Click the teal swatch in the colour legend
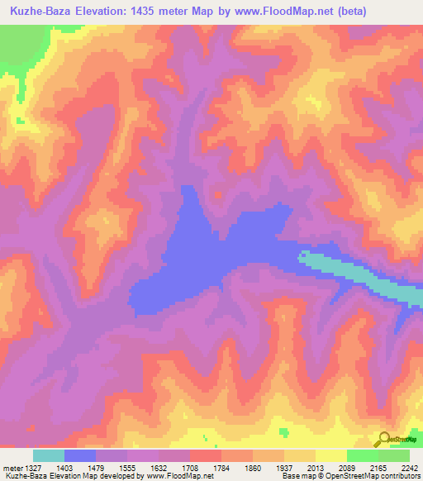pos(49,455)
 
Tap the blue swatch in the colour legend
pos(80,455)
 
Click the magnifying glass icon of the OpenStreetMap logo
pos(383,439)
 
